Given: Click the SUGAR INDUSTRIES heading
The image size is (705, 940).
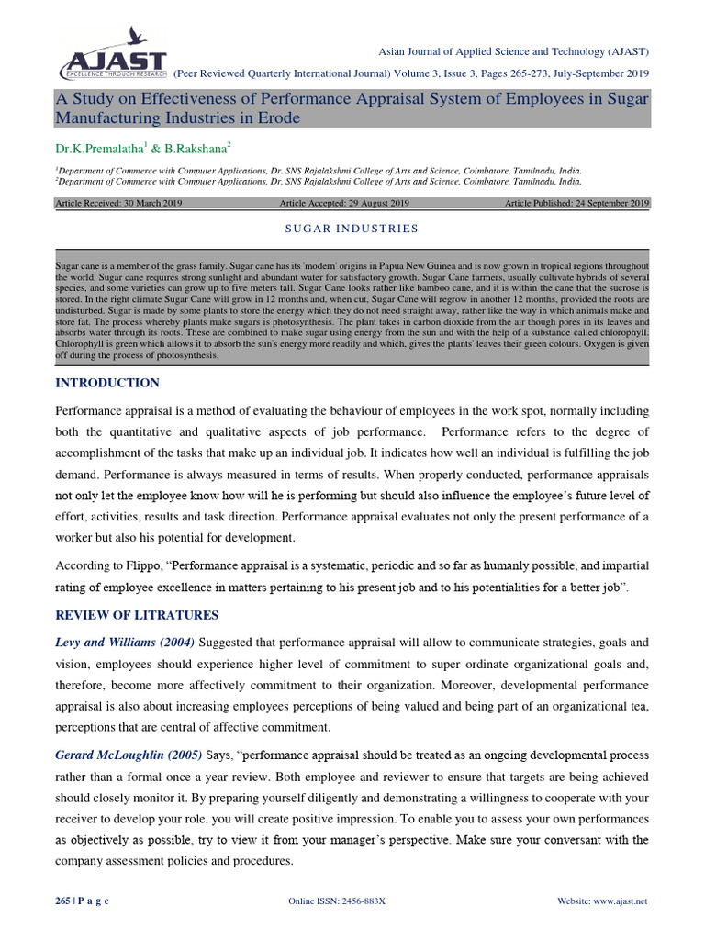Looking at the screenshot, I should point(352,229).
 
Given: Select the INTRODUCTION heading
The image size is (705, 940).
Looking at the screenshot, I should point(107,383).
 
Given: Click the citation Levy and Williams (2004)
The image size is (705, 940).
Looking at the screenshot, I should point(125,642).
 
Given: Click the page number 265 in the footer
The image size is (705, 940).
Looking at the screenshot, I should point(63,901).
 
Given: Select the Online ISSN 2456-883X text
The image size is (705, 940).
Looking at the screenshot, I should point(337,901).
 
